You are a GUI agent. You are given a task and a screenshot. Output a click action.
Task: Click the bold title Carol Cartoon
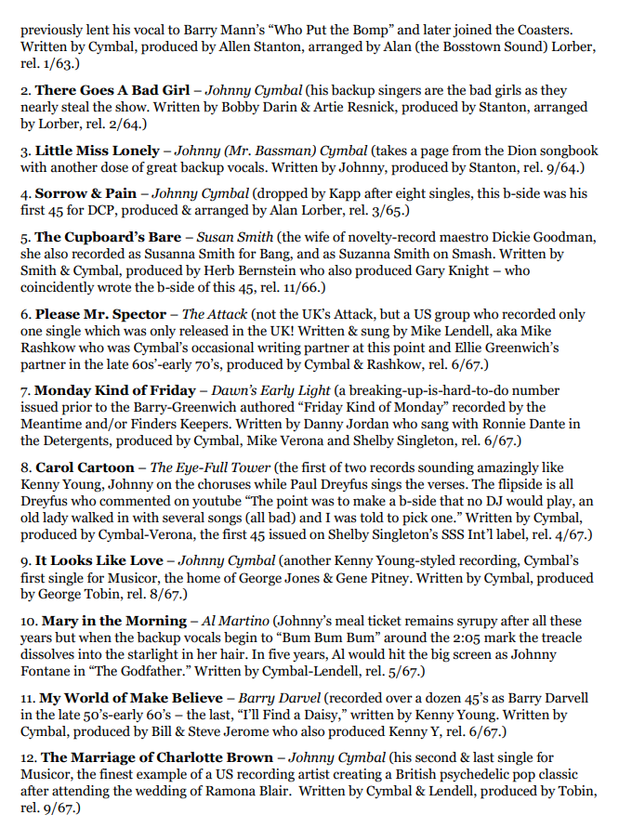pos(86,466)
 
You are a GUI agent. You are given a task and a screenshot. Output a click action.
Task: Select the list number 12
pos(27,757)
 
